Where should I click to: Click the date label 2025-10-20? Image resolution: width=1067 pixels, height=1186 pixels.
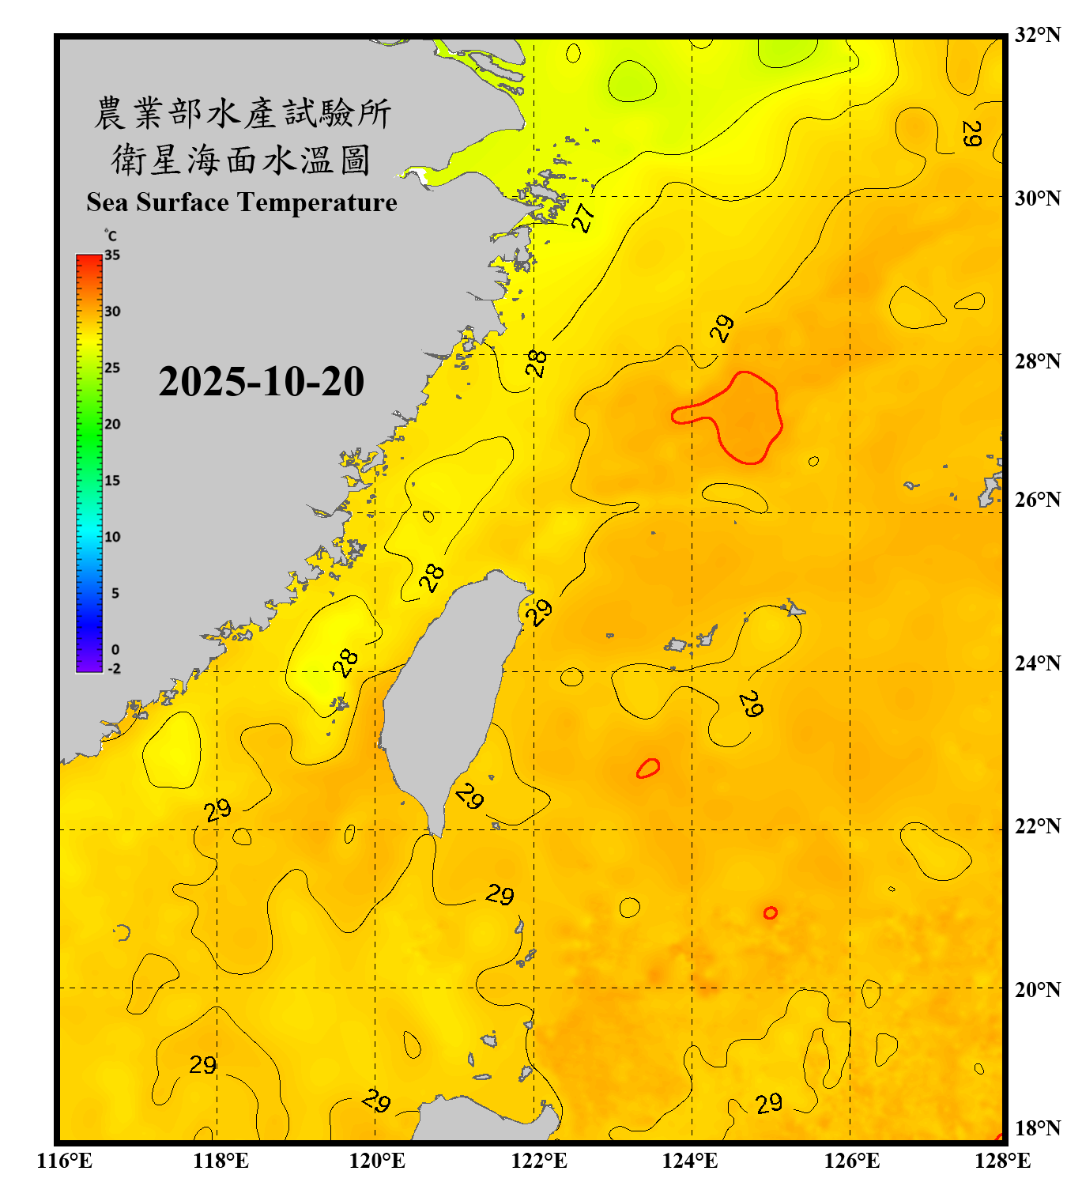[261, 382]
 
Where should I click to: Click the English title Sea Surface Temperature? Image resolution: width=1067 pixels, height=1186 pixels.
[242, 202]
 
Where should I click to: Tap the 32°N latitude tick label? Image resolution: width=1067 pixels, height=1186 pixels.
[1037, 35]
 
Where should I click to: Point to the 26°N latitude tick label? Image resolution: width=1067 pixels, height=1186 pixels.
[1037, 500]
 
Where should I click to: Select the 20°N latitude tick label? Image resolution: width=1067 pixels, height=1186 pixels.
[1037, 989]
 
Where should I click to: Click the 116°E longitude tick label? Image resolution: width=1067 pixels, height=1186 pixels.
[65, 1161]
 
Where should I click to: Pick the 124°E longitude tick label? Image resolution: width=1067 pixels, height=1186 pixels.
[690, 1161]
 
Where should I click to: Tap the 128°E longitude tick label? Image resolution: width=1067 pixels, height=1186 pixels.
[1002, 1161]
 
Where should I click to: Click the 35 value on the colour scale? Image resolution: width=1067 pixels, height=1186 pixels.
[112, 255]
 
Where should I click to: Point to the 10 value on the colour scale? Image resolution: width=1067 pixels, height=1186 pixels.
[112, 537]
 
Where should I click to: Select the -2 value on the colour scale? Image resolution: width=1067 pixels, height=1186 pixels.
[114, 668]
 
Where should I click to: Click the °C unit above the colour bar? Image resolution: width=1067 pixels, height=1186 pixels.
[111, 236]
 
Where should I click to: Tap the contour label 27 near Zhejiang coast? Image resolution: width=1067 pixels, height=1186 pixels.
[583, 217]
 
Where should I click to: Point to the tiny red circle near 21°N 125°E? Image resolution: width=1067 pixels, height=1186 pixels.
[770, 912]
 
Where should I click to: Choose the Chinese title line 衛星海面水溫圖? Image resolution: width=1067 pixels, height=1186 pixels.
[241, 160]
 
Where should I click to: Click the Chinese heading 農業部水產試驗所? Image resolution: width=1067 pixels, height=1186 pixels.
[242, 113]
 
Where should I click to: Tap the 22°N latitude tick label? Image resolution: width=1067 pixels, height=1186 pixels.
[1037, 826]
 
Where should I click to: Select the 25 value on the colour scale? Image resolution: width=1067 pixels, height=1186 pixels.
[112, 368]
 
